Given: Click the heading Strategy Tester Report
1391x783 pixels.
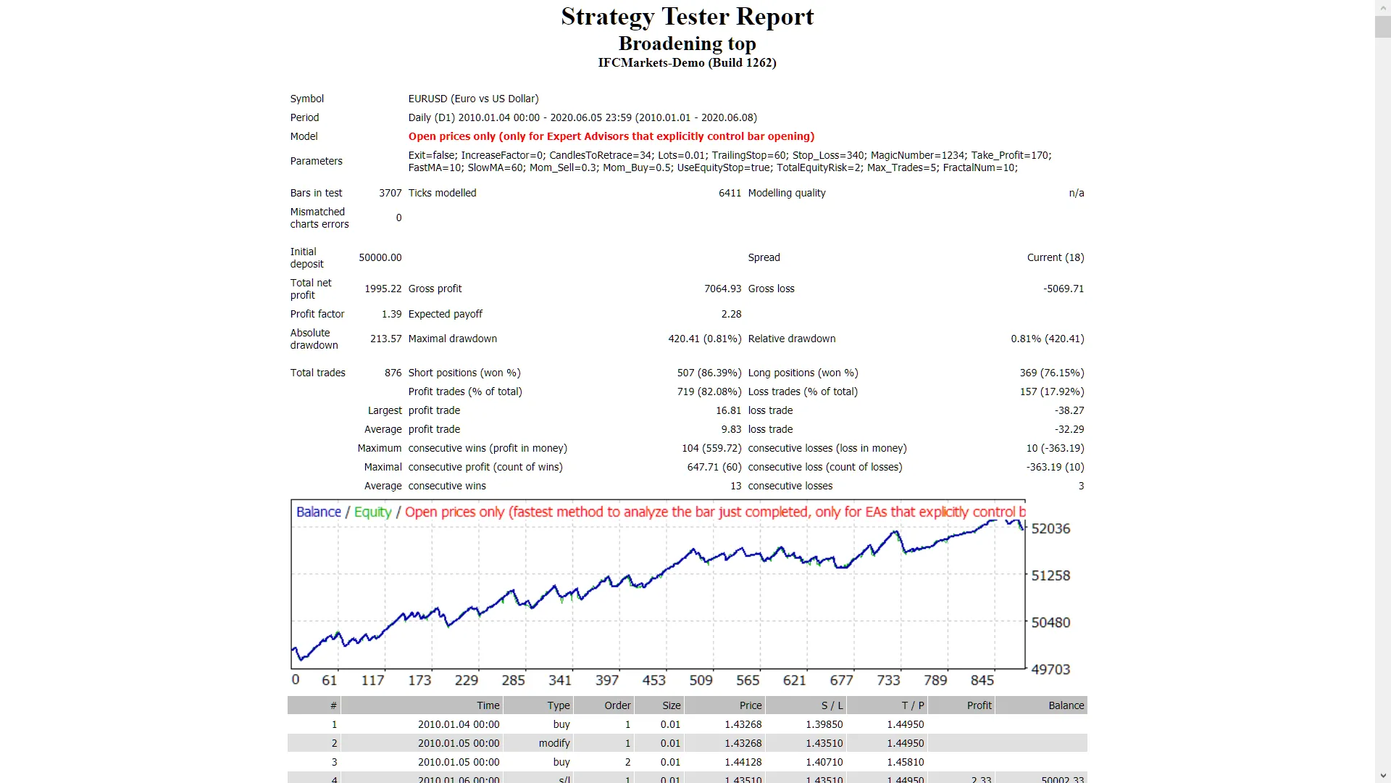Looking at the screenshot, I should (x=687, y=17).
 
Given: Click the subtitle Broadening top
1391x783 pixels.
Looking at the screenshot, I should (x=687, y=43).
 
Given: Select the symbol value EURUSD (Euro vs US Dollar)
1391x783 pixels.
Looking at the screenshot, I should (x=473, y=99).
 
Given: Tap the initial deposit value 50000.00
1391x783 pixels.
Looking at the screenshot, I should (x=380, y=257).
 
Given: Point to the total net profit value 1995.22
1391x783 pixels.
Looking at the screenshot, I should (x=383, y=289).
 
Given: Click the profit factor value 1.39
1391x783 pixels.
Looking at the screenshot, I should (x=391, y=314).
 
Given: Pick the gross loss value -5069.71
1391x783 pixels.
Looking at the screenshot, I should (x=1063, y=289).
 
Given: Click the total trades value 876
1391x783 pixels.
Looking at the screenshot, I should (x=393, y=373).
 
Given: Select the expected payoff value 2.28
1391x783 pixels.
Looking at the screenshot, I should (x=731, y=314).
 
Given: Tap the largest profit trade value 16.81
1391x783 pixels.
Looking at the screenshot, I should (x=728, y=410).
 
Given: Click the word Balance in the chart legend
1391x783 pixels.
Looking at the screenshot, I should (x=318, y=512).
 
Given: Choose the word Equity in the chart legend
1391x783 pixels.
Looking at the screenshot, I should (x=372, y=512).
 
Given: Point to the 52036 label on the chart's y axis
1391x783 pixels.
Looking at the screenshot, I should (x=1050, y=529).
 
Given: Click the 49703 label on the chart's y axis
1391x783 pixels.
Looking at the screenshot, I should (x=1050, y=669).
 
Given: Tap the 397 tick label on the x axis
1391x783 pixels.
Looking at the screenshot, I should (x=607, y=680).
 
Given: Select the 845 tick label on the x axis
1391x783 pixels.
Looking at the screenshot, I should (x=982, y=680).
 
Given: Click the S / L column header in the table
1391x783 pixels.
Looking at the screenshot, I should (x=832, y=705).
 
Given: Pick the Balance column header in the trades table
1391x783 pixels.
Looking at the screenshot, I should (x=1066, y=705).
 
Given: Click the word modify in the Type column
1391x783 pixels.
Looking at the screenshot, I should (x=554, y=743).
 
